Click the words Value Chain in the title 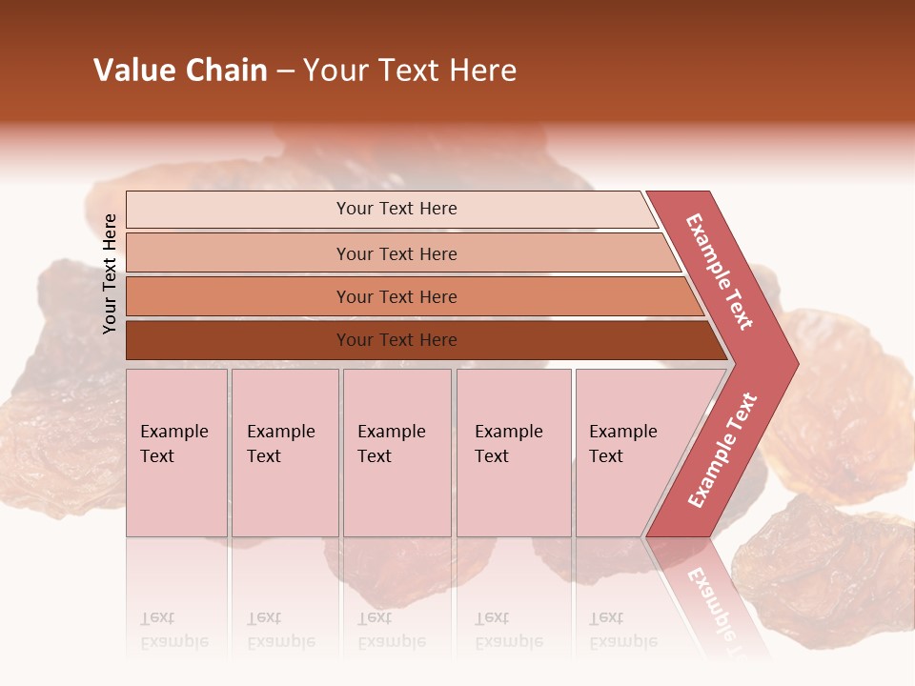point(180,71)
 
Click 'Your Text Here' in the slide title point(410,71)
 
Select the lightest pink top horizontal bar point(396,209)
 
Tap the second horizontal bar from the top point(396,253)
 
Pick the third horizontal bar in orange point(396,296)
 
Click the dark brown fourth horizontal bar point(396,340)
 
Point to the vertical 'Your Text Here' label point(110,273)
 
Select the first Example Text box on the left point(176,453)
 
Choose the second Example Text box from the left point(285,453)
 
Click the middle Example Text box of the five point(396,453)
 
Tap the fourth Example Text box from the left point(514,453)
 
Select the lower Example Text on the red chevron point(722,451)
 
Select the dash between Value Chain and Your point(285,71)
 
